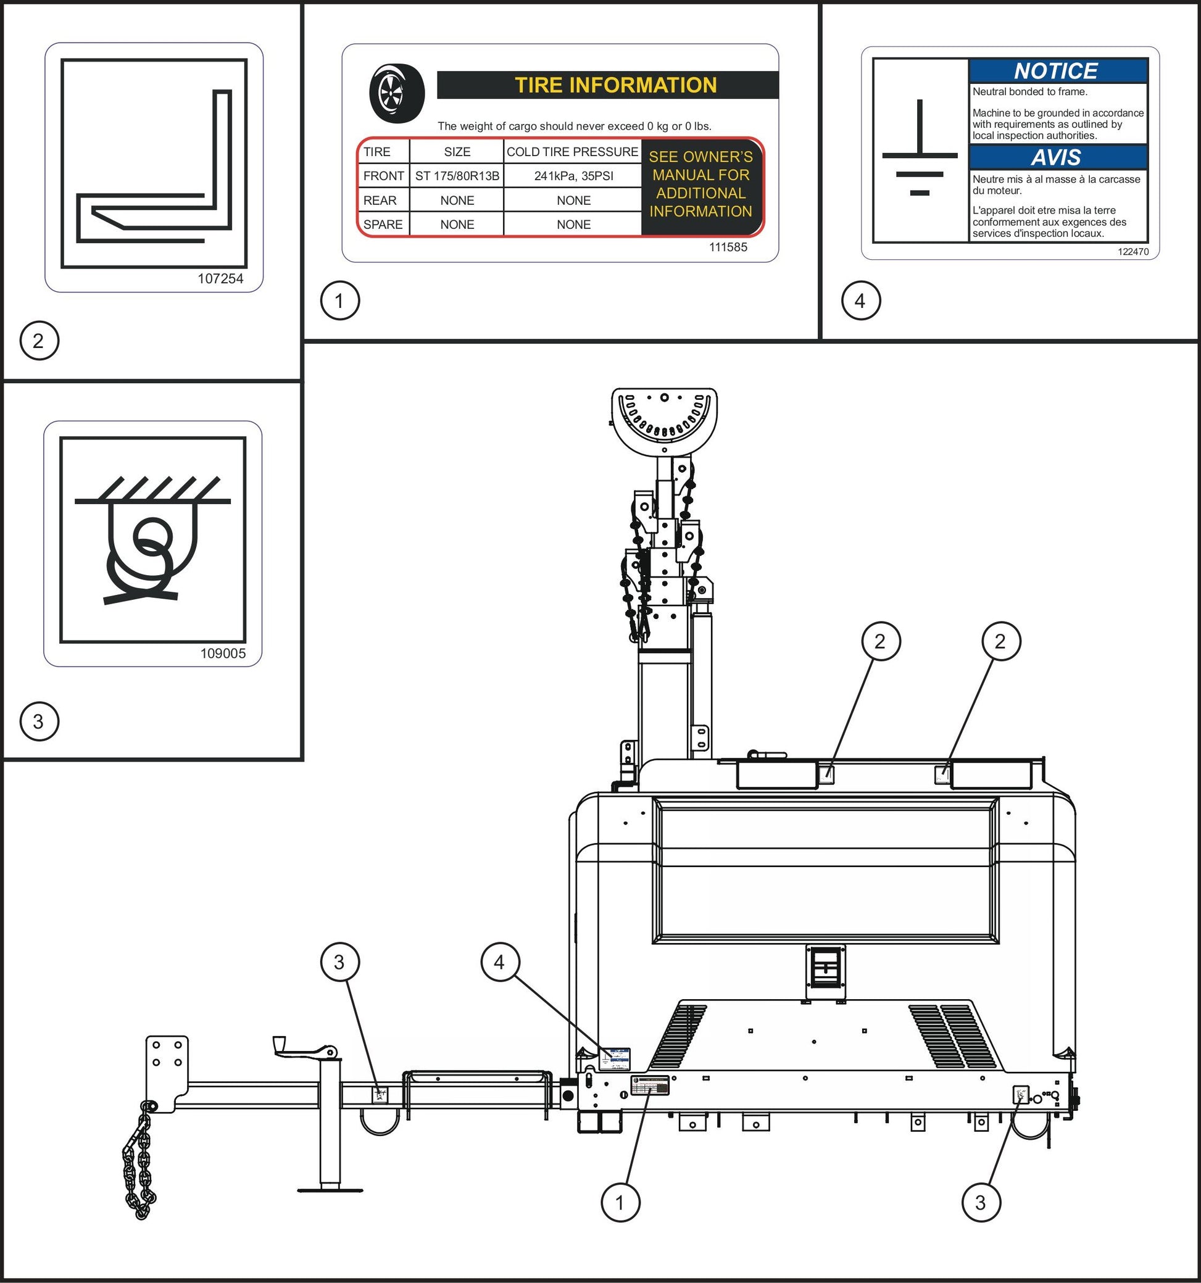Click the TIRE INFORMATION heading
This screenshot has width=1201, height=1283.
click(x=615, y=85)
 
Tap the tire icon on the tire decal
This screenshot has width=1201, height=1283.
click(x=397, y=94)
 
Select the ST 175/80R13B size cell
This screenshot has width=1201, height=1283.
click(x=457, y=176)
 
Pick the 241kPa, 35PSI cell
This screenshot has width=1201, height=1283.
click(x=573, y=176)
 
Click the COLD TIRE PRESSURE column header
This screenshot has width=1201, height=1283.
click(x=571, y=152)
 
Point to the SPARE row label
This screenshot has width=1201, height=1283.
click(x=383, y=225)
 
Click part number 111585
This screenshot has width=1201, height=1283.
click(x=728, y=247)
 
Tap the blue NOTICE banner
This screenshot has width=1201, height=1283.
click(x=1057, y=70)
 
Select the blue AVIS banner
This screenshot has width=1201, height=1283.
click(x=1057, y=157)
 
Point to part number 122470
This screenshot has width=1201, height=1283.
click(x=1133, y=252)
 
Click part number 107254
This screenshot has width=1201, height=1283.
click(x=220, y=279)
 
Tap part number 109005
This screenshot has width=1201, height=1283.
click(x=223, y=654)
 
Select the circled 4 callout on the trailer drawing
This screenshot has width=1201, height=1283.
click(x=499, y=962)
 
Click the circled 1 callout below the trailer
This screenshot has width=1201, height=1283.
click(x=620, y=1202)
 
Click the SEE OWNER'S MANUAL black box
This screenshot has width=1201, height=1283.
click(x=701, y=185)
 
